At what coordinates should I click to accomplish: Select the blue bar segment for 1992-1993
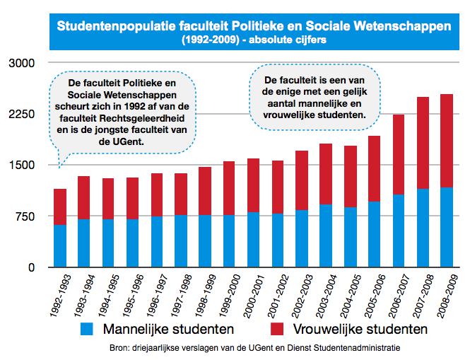click(x=60, y=245)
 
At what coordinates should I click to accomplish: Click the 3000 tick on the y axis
click(x=20, y=63)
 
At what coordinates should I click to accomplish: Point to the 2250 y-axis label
click(x=20, y=114)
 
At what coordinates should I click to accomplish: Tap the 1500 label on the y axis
click(x=20, y=166)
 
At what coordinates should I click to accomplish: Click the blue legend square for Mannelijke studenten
click(x=88, y=329)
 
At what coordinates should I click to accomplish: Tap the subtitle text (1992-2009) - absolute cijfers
click(x=254, y=40)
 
